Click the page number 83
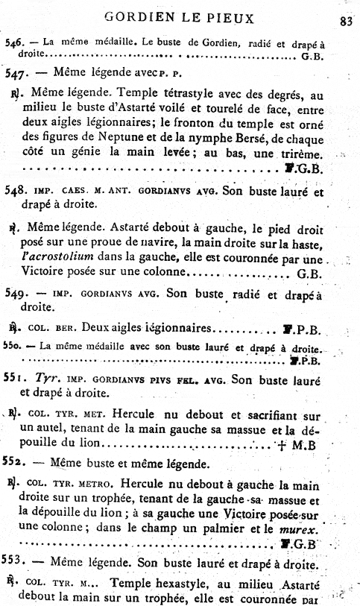(x=345, y=21)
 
